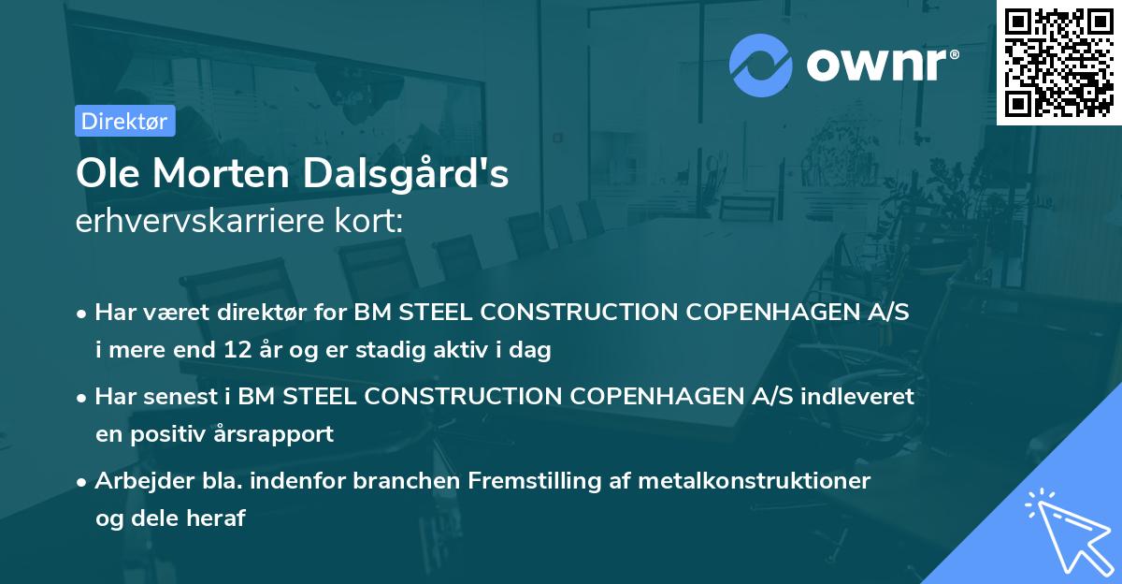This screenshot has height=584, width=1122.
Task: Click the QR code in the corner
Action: [1058, 62]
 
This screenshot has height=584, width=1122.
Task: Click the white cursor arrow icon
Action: [1066, 533]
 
